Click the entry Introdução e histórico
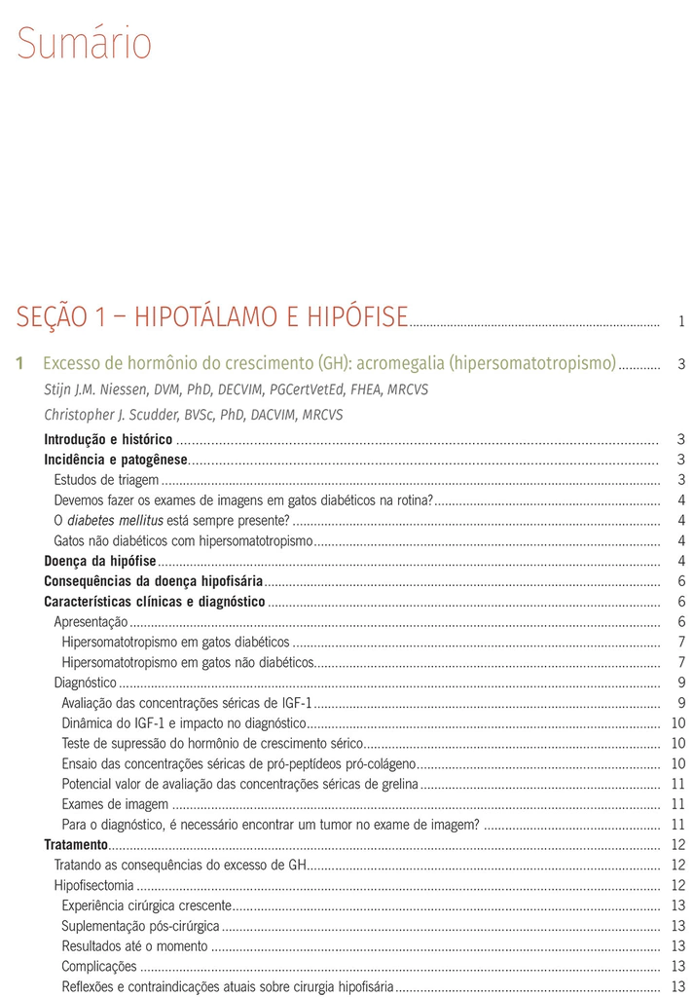tap(108, 440)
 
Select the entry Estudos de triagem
tap(106, 480)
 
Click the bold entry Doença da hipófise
tap(100, 561)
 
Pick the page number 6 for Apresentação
tap(681, 622)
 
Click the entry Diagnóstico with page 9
tap(85, 683)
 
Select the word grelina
tap(398, 784)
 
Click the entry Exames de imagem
tap(115, 804)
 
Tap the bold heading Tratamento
tap(76, 844)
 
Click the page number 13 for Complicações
tap(678, 966)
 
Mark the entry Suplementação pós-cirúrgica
tap(140, 926)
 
